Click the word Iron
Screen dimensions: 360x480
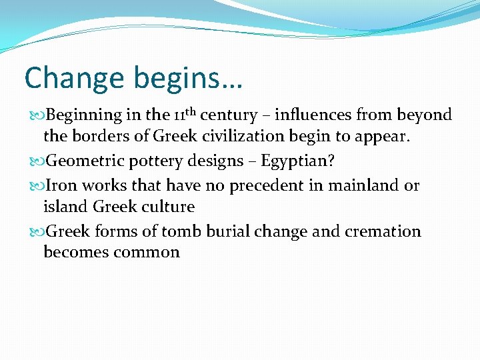(62, 185)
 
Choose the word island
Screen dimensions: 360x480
(64, 207)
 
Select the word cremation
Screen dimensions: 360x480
(381, 231)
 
